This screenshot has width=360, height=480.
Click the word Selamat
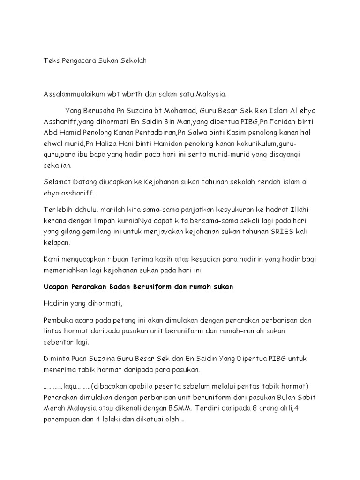click(x=57, y=181)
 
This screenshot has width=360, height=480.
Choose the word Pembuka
click(x=58, y=320)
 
